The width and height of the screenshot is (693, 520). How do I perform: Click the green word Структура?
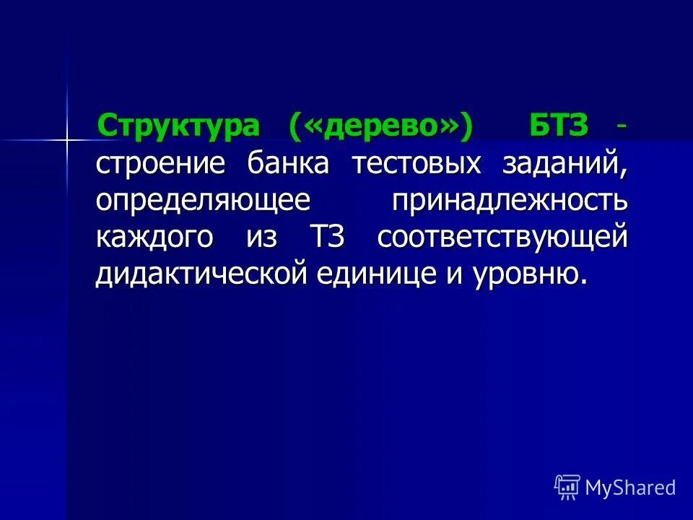point(179,126)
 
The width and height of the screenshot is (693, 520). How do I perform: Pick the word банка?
point(289,164)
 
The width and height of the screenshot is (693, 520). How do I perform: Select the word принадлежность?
point(510,201)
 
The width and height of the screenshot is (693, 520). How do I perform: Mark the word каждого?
point(154,239)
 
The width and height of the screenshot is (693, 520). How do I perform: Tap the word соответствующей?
point(502,239)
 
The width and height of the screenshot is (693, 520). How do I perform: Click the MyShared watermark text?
point(630,487)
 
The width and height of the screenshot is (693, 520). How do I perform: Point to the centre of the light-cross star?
point(67,138)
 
